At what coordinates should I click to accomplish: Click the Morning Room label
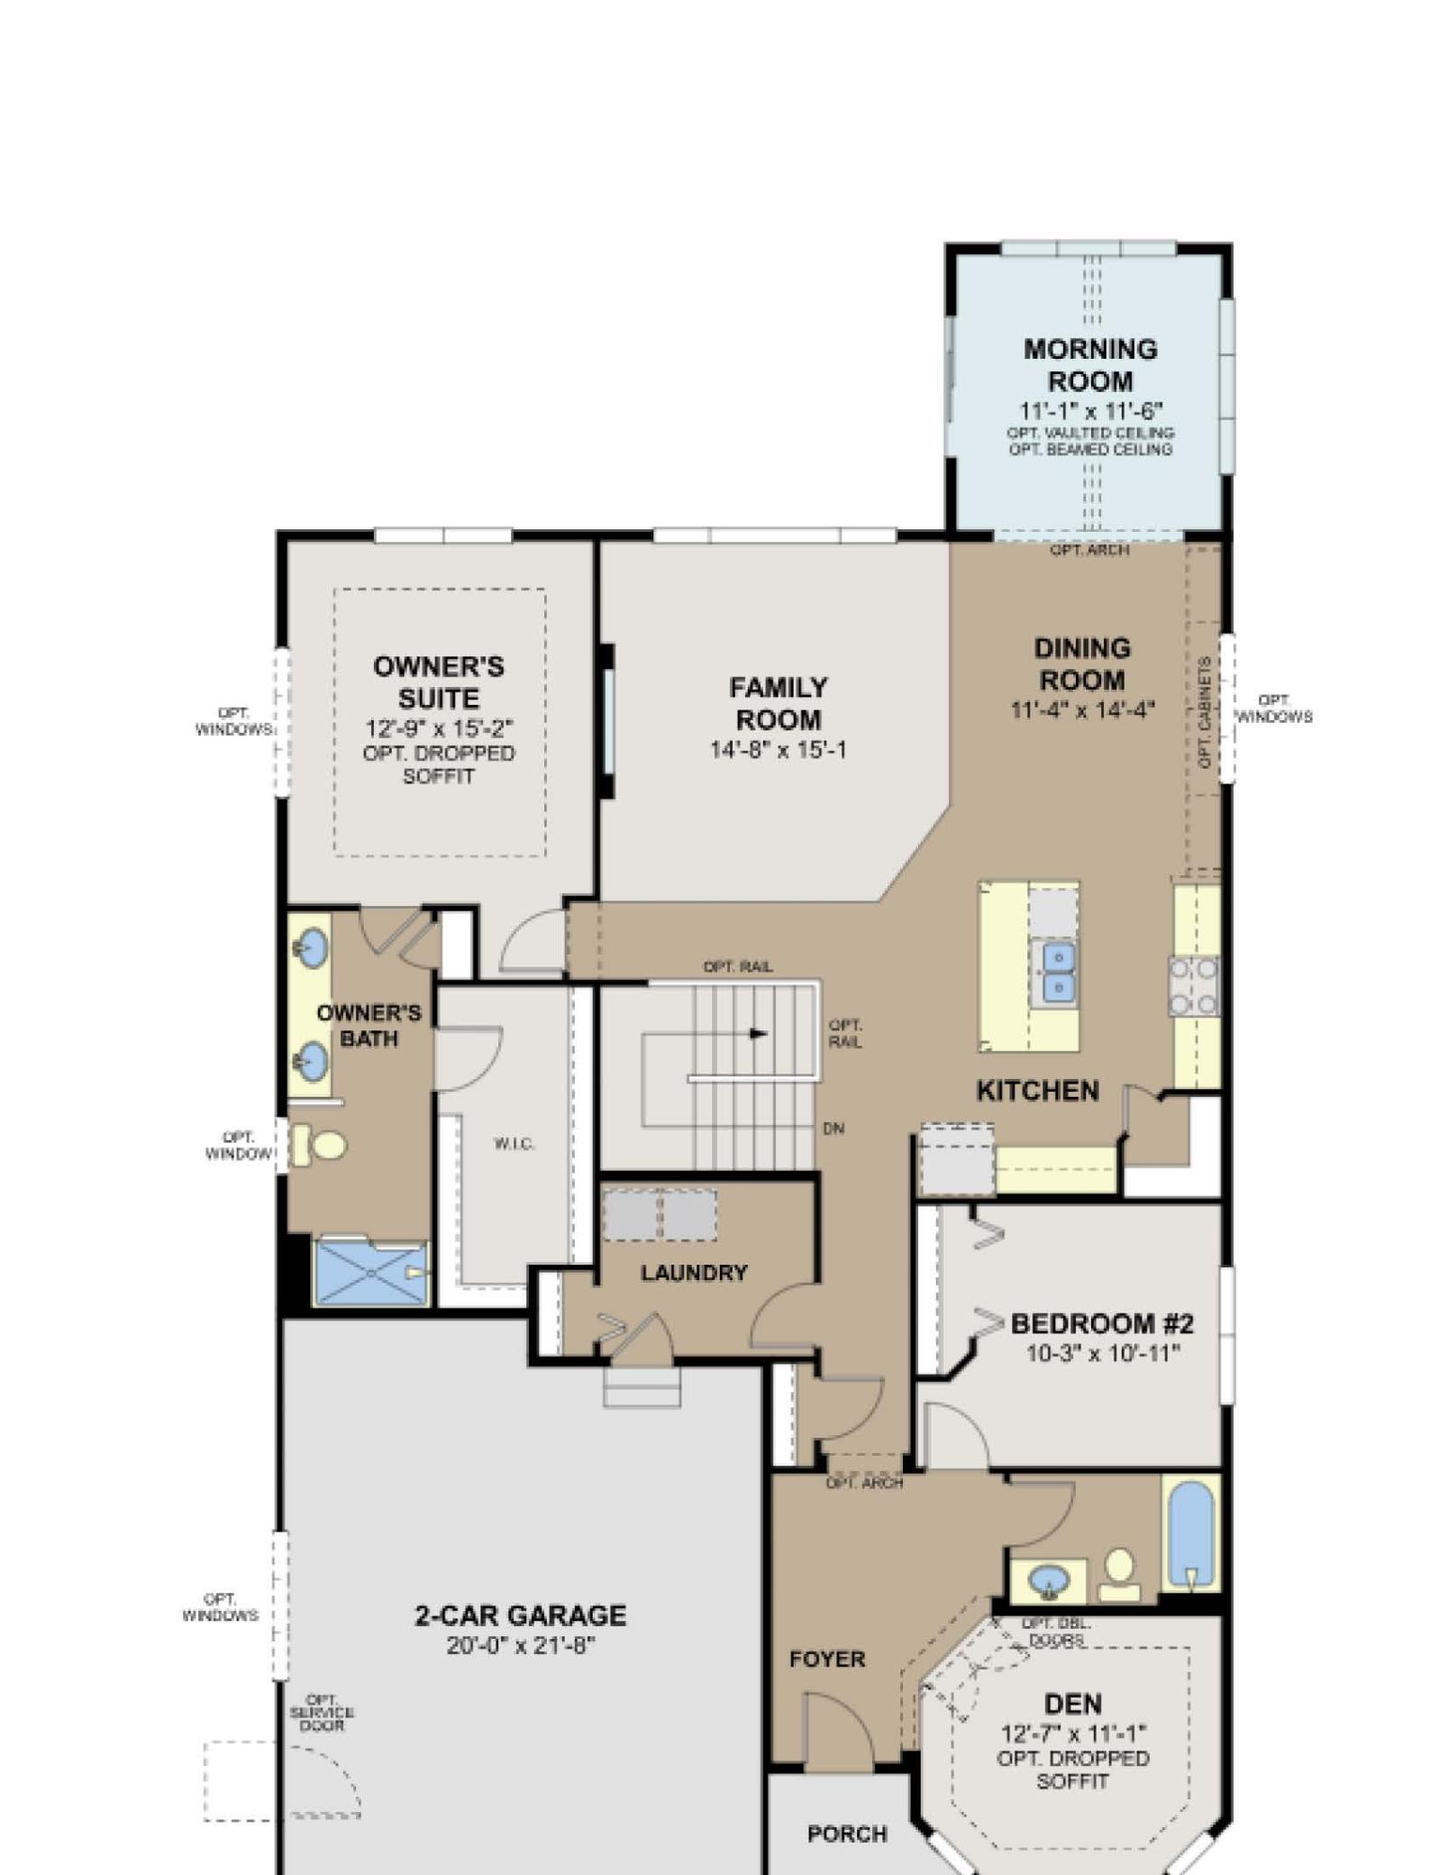[x=1089, y=364]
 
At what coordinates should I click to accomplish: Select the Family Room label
[x=779, y=703]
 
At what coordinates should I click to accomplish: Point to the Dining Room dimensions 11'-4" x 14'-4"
[x=1081, y=709]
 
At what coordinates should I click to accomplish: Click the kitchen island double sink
[x=1059, y=972]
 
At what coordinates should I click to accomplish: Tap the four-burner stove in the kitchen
[x=1193, y=986]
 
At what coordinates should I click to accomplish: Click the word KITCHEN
[x=1038, y=1091]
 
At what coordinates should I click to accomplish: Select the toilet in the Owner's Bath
[x=319, y=1145]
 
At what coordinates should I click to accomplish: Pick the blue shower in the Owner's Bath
[x=370, y=1272]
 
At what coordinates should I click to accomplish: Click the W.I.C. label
[x=515, y=1145]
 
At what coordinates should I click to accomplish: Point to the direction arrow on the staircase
[x=759, y=1033]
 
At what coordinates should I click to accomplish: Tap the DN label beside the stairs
[x=833, y=1128]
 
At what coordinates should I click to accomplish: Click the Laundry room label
[x=694, y=1272]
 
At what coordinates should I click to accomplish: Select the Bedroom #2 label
[x=1102, y=1323]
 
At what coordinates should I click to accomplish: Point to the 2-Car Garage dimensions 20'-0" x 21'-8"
[x=520, y=1645]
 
